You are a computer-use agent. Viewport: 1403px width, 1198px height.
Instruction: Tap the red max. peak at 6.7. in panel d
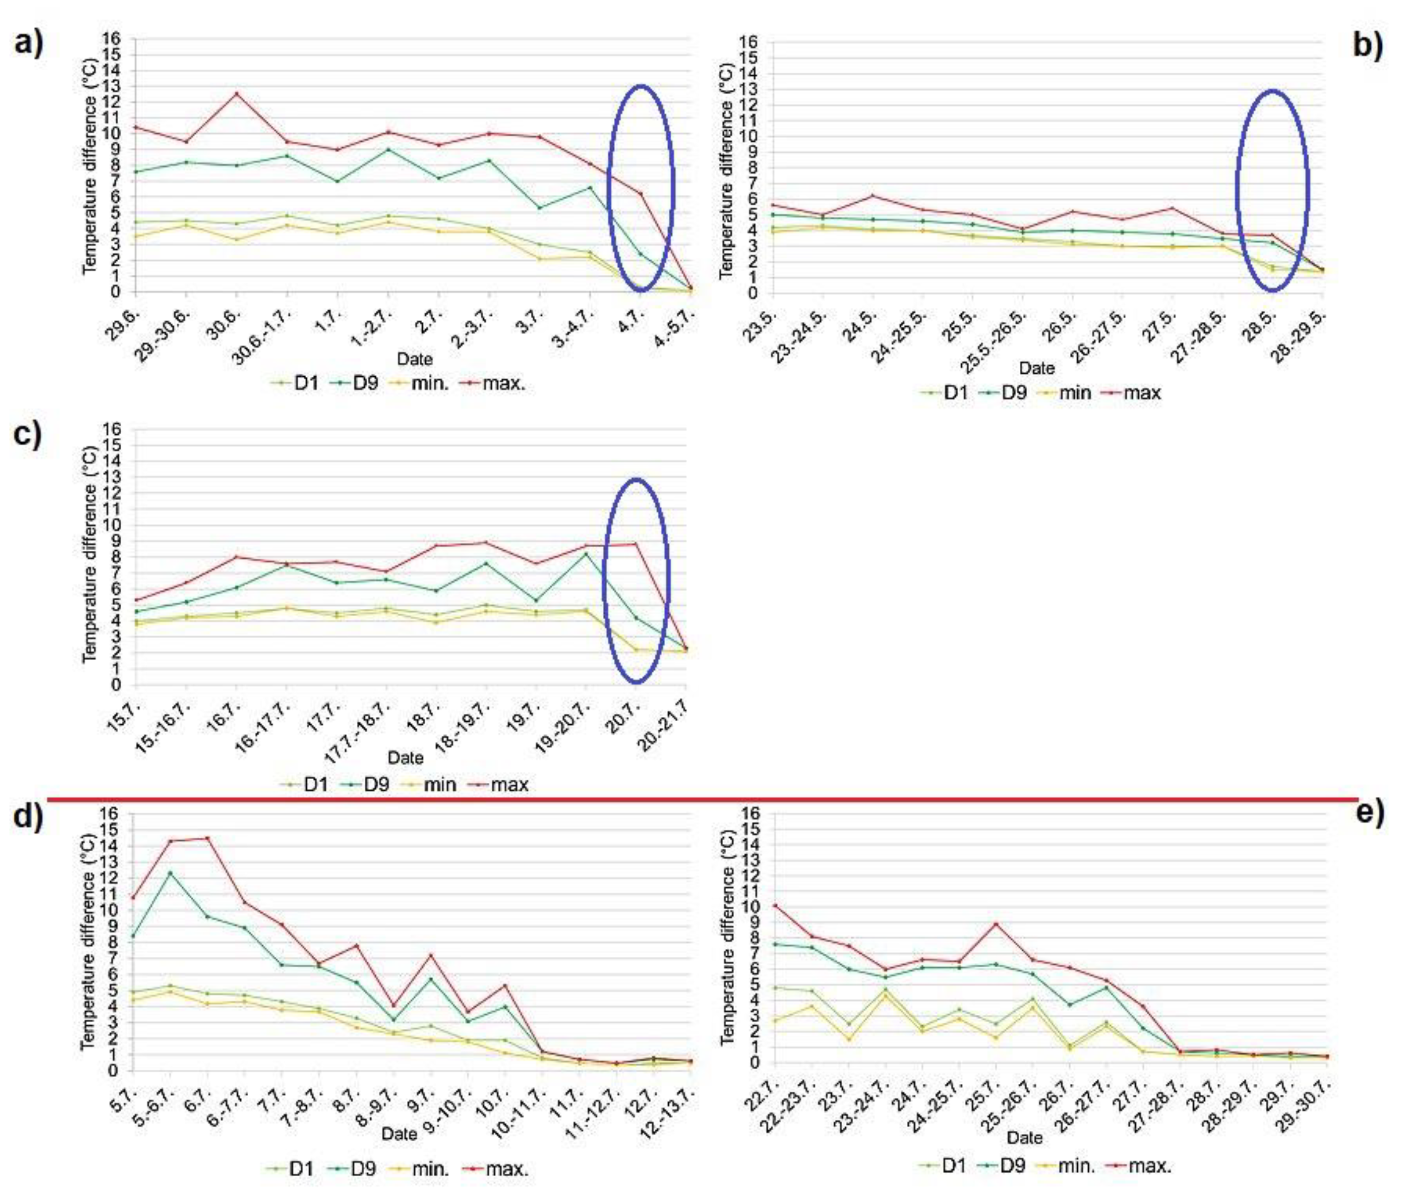[x=207, y=839]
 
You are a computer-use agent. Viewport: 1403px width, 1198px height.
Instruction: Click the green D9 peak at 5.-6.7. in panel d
[x=171, y=873]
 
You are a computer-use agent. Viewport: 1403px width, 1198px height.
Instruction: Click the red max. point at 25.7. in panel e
[x=995, y=924]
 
